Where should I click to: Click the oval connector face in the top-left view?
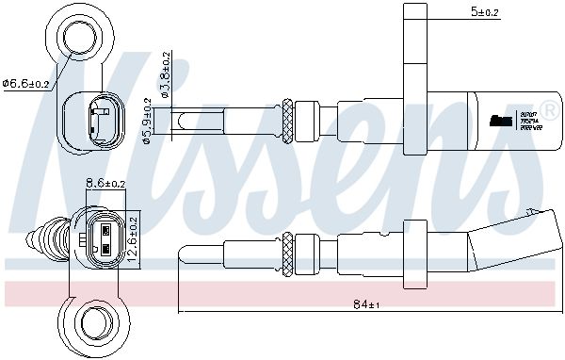[98, 120]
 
